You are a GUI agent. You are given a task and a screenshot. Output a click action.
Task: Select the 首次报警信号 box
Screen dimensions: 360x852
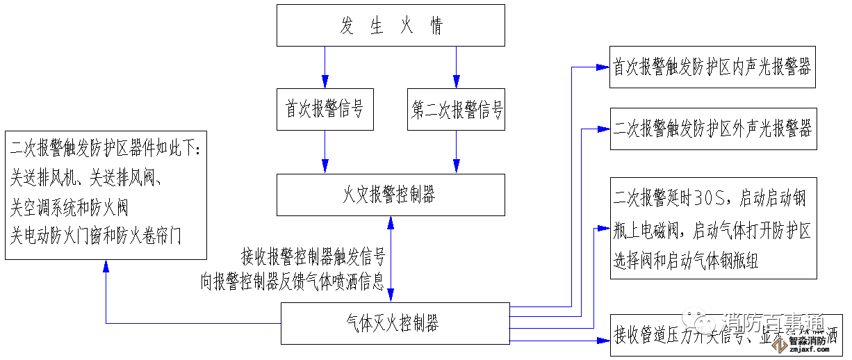(324, 109)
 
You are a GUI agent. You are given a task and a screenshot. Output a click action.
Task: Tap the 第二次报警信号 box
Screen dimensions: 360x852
(456, 109)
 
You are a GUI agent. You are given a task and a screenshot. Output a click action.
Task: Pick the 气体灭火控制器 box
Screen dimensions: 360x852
(394, 323)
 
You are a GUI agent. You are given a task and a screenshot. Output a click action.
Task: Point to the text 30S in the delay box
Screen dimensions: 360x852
(712, 198)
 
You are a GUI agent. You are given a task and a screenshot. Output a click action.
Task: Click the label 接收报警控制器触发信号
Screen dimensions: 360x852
(313, 257)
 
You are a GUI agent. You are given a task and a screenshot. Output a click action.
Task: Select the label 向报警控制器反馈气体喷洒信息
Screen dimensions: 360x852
(292, 281)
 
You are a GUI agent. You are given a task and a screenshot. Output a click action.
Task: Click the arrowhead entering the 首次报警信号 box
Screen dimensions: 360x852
(324, 83)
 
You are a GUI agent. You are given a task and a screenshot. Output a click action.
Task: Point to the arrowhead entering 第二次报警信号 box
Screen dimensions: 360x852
(456, 83)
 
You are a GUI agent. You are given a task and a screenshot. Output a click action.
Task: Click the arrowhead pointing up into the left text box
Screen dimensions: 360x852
(106, 265)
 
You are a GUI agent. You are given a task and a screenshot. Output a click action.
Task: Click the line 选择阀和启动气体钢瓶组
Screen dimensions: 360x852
(685, 261)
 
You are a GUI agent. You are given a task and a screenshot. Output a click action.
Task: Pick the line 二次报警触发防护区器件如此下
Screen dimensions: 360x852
(104, 149)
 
